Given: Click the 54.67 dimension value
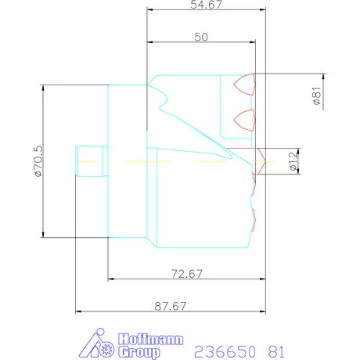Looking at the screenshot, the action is [x=206, y=5].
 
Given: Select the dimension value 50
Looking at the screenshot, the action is [x=201, y=37].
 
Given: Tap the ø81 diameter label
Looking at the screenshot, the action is [x=317, y=95].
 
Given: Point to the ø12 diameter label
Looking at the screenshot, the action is [x=293, y=161].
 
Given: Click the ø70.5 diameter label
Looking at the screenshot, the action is [x=38, y=161].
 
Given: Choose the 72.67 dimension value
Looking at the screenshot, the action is [x=187, y=274].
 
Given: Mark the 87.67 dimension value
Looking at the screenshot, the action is [x=171, y=306].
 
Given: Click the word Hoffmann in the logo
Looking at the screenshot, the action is [x=150, y=340].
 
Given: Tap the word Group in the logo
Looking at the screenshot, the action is [x=139, y=352].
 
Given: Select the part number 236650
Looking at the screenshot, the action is [x=225, y=351].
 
